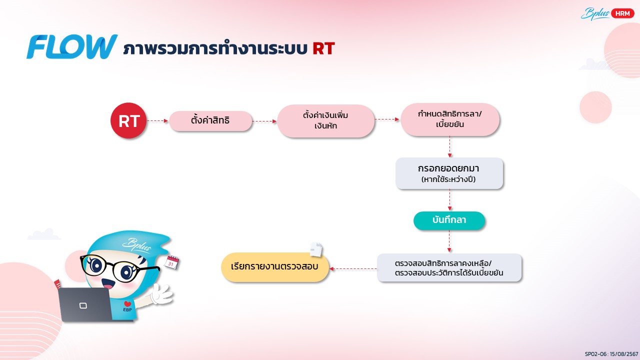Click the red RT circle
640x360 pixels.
point(128,120)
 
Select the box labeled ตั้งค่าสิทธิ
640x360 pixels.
point(210,121)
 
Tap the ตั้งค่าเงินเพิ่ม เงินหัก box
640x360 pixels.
point(325,120)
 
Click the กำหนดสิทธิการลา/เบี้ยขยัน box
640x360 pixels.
point(450,119)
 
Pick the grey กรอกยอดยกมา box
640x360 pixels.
point(449,173)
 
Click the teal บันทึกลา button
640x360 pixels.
point(449,220)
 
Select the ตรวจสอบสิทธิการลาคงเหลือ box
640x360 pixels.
point(449,267)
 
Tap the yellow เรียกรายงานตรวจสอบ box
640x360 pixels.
point(275,267)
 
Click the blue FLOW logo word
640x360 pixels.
point(72,46)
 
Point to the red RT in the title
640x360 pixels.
point(323,48)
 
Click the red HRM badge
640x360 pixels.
point(622,13)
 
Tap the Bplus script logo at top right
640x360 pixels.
point(595,13)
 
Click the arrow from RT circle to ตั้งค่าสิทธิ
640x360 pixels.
point(157,121)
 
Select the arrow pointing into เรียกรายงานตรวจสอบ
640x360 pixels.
point(353,268)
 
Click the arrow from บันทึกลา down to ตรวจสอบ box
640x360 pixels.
point(449,241)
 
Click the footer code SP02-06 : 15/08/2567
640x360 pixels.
point(611,354)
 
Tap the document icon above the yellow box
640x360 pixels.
point(316,249)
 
